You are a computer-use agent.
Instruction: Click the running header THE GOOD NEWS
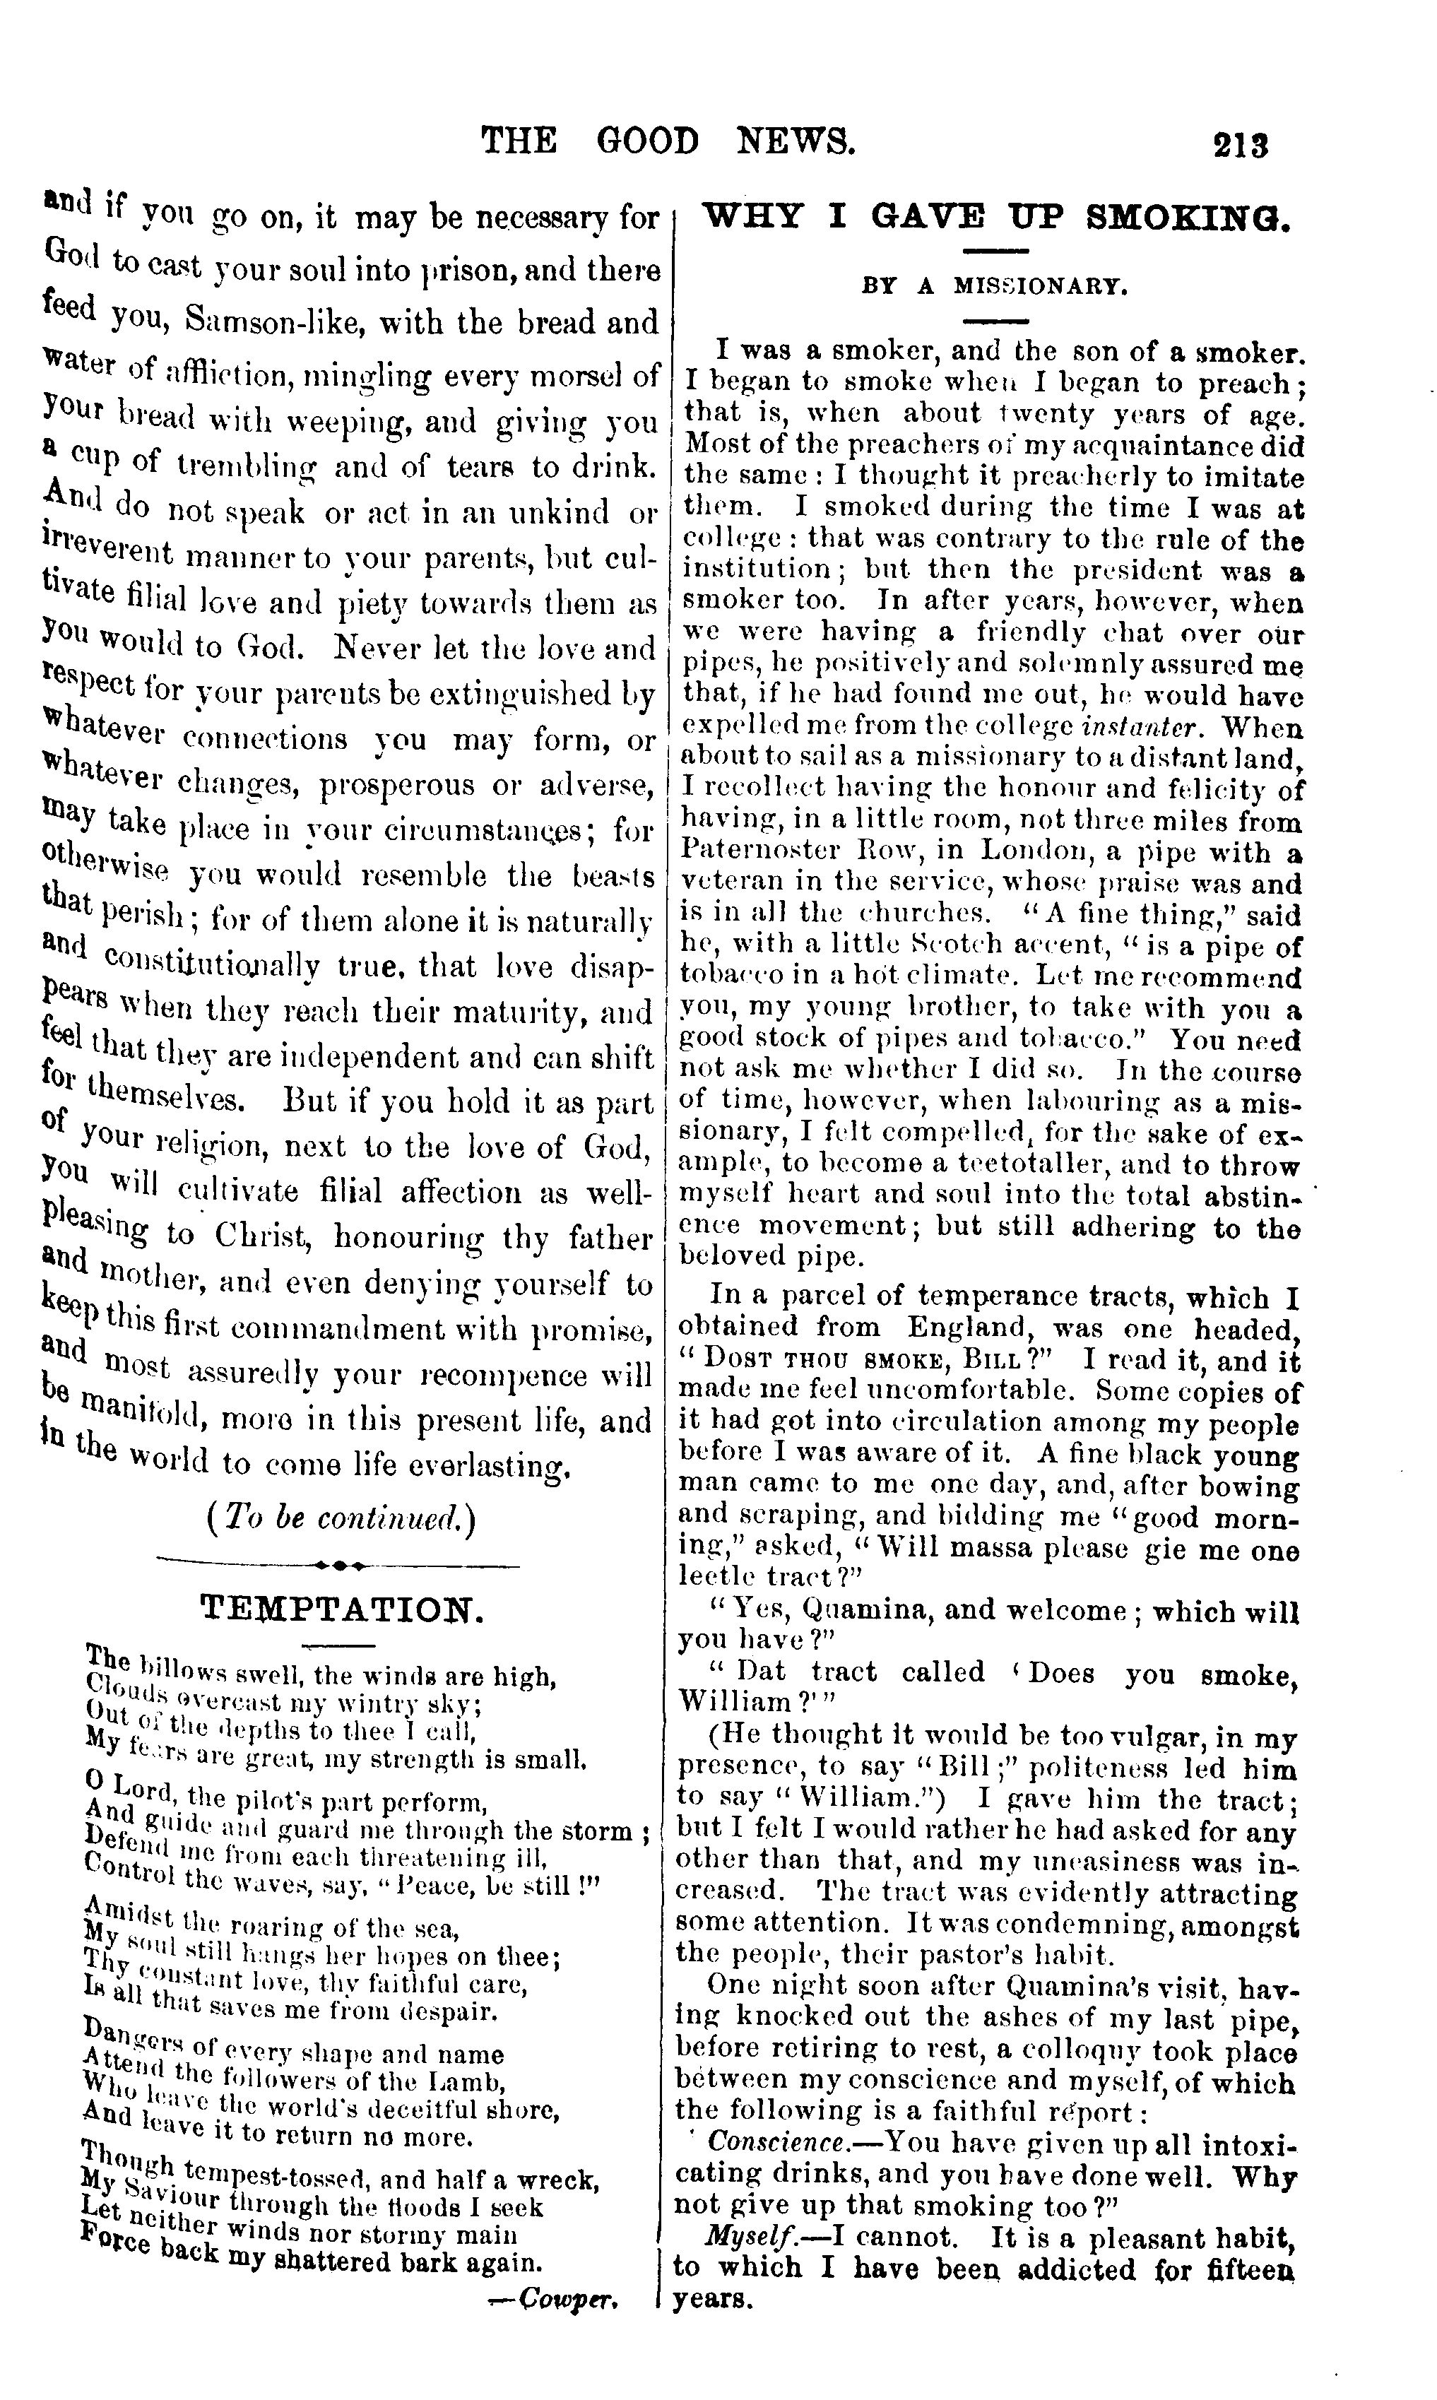(668, 141)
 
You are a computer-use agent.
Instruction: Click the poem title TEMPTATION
(341, 1610)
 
